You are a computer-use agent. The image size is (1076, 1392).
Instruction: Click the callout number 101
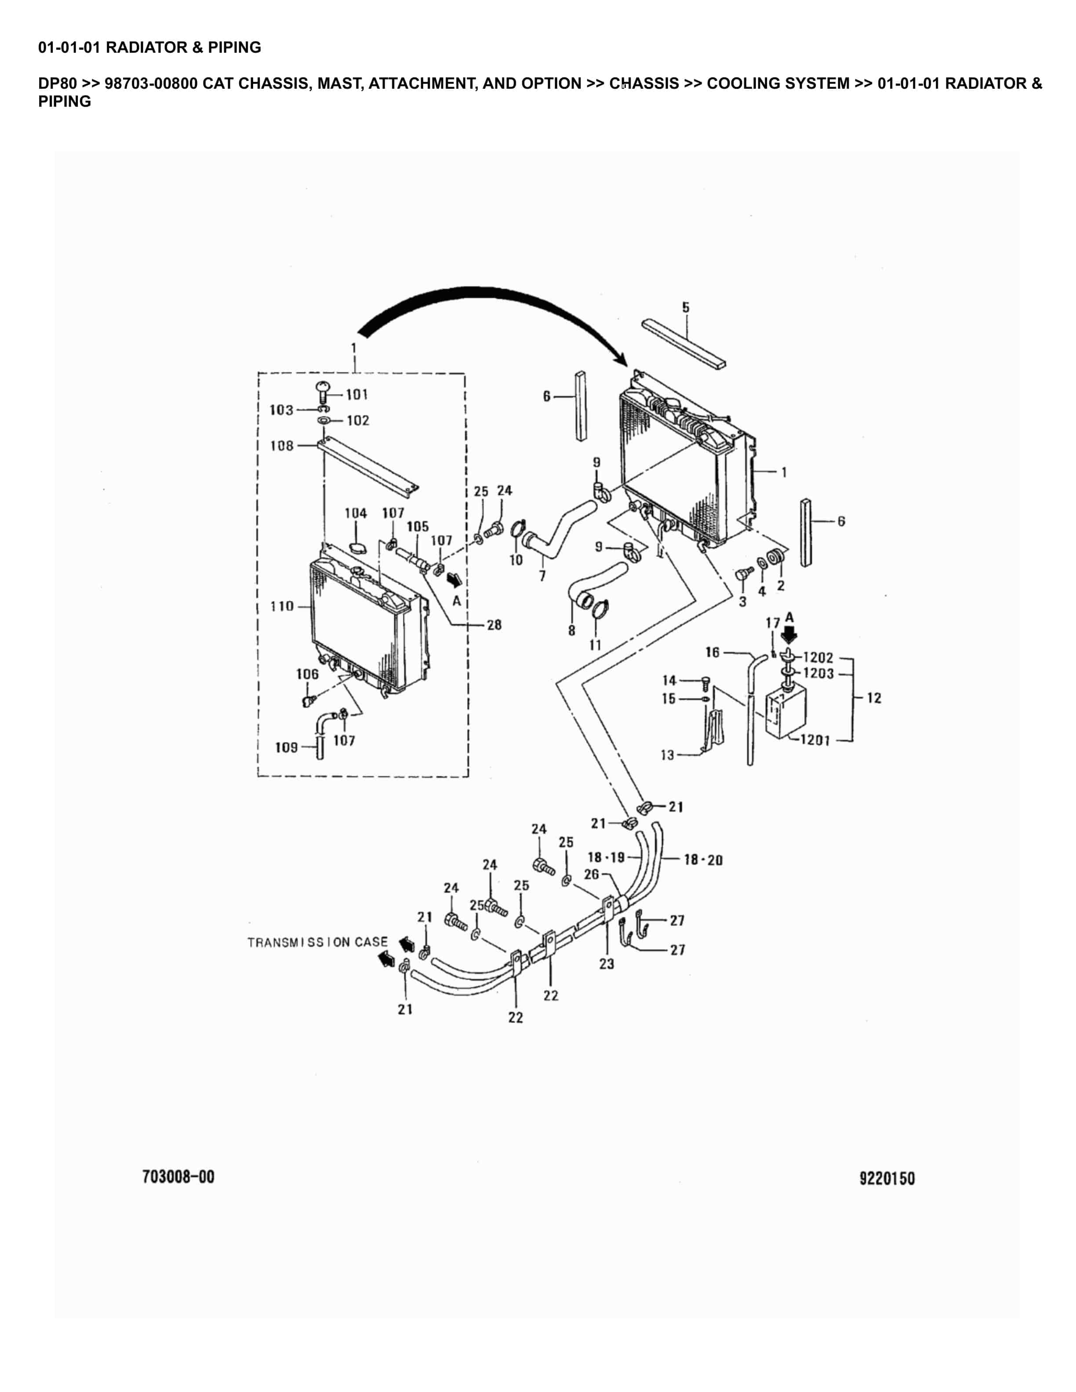[356, 395]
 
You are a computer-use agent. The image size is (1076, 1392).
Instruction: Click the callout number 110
[282, 606]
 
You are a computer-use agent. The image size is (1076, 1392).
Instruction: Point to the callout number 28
[494, 625]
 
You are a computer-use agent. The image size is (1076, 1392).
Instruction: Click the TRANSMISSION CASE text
[317, 942]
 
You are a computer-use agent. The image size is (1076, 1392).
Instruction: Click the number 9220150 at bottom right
[887, 1178]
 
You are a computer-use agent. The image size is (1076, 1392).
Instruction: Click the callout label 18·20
[703, 860]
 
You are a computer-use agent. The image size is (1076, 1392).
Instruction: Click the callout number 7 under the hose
[542, 576]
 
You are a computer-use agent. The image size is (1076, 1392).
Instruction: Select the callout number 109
[286, 747]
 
